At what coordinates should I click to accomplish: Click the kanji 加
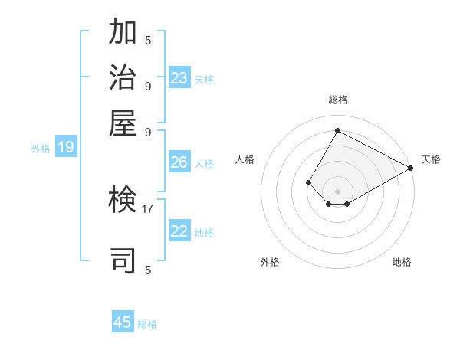(x=123, y=32)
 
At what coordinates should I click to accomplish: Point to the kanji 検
(x=123, y=201)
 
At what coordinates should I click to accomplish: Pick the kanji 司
(x=123, y=260)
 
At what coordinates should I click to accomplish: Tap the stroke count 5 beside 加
(x=148, y=40)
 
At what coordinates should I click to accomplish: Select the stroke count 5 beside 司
(x=148, y=270)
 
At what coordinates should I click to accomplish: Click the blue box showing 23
(x=179, y=77)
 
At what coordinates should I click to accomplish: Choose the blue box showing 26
(x=179, y=162)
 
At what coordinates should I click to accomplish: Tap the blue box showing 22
(x=179, y=231)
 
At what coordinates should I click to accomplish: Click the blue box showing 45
(x=123, y=322)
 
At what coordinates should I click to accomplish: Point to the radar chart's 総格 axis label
(x=337, y=100)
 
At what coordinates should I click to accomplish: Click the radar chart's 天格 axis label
(x=431, y=159)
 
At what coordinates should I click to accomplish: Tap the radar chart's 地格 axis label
(x=402, y=262)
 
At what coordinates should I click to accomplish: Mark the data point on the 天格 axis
(x=411, y=168)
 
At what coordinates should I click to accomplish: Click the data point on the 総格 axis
(x=337, y=130)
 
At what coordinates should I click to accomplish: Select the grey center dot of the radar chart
(x=337, y=191)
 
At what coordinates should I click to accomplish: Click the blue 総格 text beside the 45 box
(x=147, y=324)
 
